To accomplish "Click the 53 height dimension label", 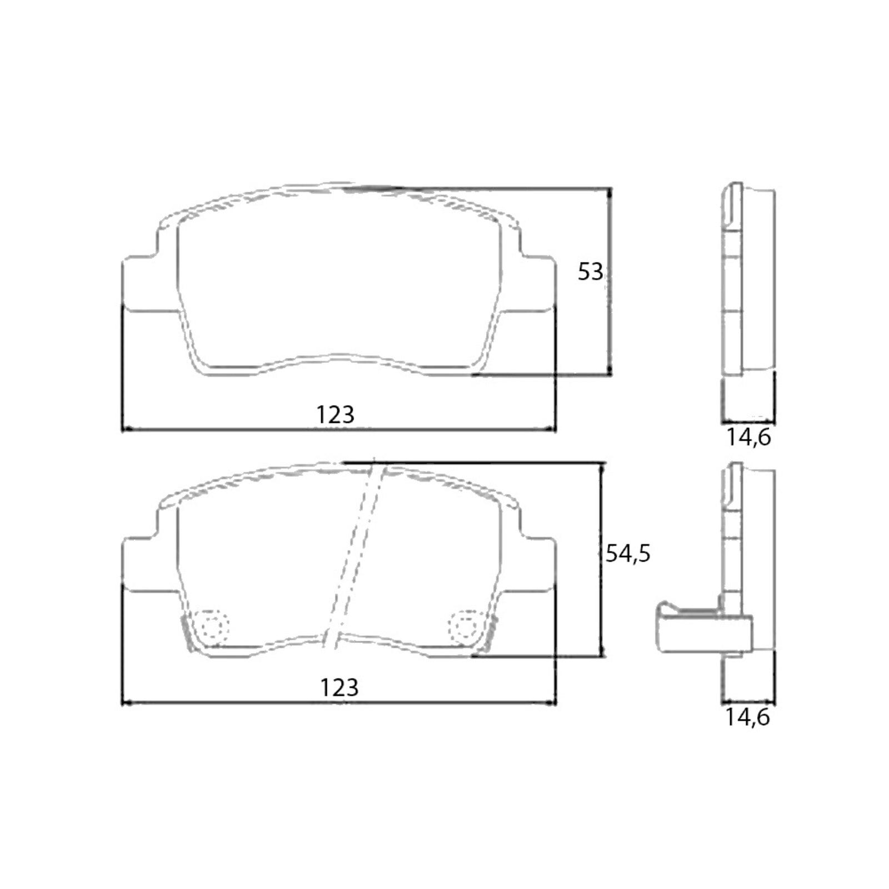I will [590, 272].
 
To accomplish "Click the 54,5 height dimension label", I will [627, 553].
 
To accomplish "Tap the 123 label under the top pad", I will [335, 414].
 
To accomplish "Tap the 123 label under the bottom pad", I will [339, 688].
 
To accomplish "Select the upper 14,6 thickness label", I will [748, 437].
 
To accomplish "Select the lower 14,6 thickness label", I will [747, 717].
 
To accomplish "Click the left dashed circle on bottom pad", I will [213, 627].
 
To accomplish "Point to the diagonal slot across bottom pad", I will [356, 556].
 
